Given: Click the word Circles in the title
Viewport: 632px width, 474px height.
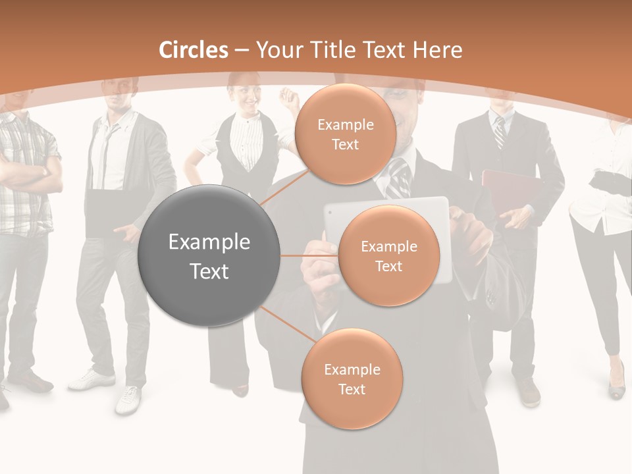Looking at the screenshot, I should [x=194, y=50].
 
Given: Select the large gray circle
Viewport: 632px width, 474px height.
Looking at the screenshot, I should [x=209, y=256].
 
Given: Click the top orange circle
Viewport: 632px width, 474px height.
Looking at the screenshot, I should [x=344, y=134].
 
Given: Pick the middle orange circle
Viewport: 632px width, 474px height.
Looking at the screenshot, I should [x=388, y=256].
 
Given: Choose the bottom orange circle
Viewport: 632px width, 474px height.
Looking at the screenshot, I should [x=352, y=379].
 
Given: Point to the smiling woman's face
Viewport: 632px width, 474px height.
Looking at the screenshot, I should [x=248, y=99].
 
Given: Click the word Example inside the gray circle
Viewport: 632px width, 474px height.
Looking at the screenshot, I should [x=209, y=242].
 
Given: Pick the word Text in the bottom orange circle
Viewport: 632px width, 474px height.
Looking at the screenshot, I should [x=352, y=389].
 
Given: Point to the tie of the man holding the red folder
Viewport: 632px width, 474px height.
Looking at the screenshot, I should [x=499, y=132].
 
